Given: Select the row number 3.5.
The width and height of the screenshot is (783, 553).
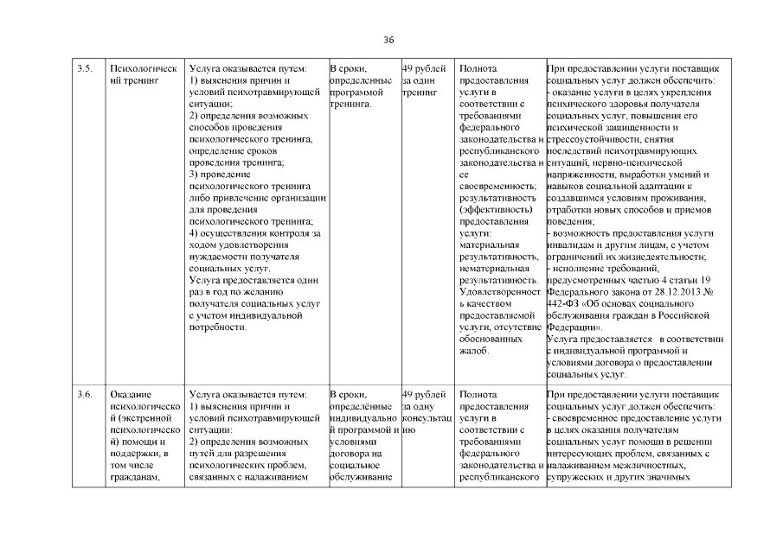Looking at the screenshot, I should tap(84, 67).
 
